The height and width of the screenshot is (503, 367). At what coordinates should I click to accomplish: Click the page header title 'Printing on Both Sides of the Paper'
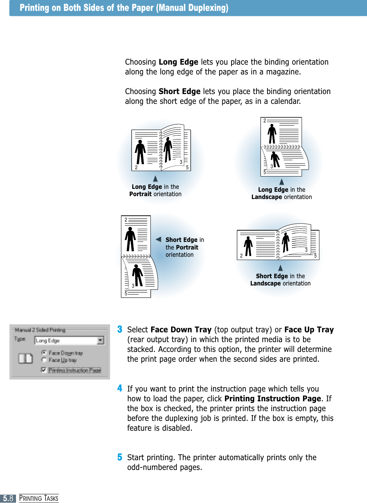point(124,8)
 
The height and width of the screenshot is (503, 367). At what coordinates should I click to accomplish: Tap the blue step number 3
point(120,329)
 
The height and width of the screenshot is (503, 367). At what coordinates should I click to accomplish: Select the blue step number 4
point(120,388)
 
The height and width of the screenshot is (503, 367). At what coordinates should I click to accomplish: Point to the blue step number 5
point(120,457)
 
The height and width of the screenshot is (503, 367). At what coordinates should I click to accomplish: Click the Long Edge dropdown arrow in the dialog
point(100,340)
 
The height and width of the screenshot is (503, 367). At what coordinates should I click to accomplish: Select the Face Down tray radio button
point(44,353)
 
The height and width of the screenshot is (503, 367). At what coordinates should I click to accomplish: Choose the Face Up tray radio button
point(44,360)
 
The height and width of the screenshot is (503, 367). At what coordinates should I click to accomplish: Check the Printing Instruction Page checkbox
point(44,370)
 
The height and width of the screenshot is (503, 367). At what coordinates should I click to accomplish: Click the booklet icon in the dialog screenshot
point(25,358)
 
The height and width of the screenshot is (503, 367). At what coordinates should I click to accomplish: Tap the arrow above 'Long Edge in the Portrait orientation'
point(155,179)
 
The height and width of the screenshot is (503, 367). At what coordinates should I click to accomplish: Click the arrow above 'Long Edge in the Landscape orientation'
point(282,182)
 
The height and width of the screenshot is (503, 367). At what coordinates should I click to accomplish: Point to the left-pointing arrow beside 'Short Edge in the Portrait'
point(158,239)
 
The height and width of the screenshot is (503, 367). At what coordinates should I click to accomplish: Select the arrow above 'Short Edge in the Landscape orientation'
point(281,268)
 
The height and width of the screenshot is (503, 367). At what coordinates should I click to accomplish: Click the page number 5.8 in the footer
point(8,498)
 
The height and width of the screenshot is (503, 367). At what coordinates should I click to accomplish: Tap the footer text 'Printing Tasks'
point(39,498)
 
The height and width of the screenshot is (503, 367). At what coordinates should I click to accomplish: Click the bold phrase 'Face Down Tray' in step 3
point(181,330)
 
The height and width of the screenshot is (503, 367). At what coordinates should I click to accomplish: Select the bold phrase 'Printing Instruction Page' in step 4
point(273,399)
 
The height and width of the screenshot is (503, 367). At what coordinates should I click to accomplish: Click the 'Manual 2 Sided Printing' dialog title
point(40,330)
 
